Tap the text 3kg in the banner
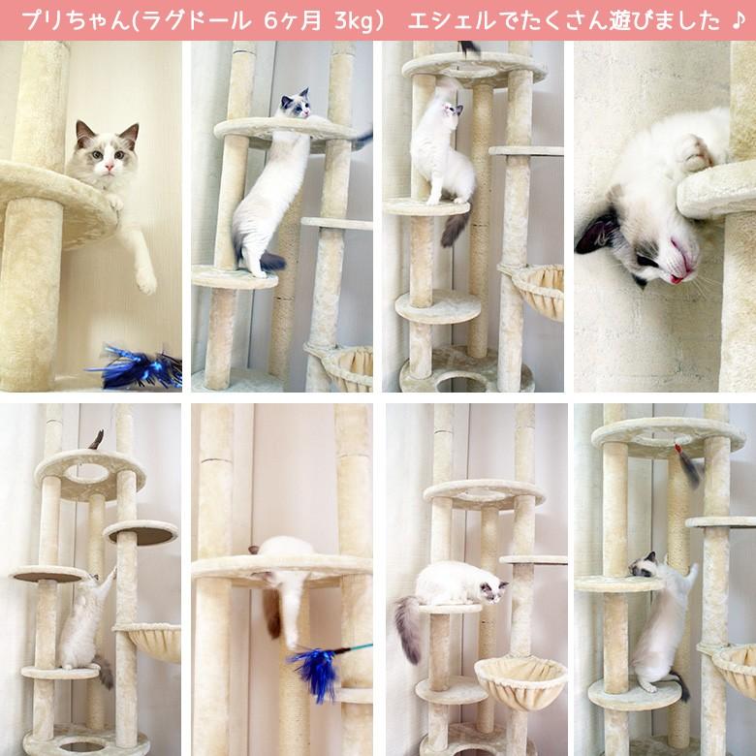point(350,20)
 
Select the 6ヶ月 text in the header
point(290,20)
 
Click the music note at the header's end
point(739,20)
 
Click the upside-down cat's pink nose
point(684,262)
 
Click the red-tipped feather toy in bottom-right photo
point(687,465)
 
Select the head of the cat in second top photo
point(296,105)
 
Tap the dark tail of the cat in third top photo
point(455,229)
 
